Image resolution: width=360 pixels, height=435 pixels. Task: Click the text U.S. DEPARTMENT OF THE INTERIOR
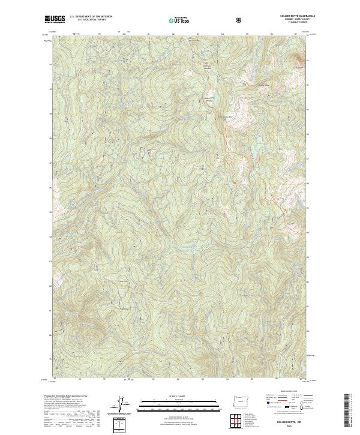pos(91,17)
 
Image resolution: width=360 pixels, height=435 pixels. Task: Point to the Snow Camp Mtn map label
pos(223,115)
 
